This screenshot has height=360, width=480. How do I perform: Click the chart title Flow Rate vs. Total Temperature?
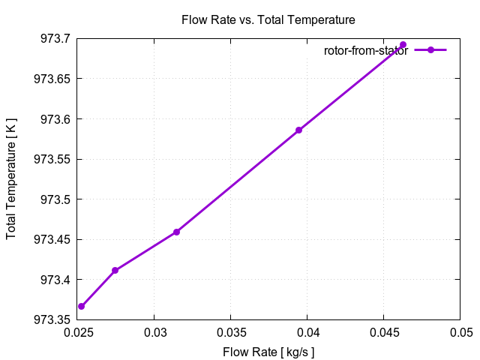268,19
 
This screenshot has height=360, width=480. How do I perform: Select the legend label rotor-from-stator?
366,50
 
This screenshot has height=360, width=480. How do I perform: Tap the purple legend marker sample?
430,49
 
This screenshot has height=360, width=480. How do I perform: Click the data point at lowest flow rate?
81,306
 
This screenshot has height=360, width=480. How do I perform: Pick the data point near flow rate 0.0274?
115,270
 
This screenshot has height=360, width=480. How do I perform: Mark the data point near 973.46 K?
176,232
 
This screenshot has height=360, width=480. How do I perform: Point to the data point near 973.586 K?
298,130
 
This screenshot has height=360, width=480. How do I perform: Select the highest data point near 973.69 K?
403,45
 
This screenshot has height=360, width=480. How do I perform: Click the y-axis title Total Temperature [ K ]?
11,179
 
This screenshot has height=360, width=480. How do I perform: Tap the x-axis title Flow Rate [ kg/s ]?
268,352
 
